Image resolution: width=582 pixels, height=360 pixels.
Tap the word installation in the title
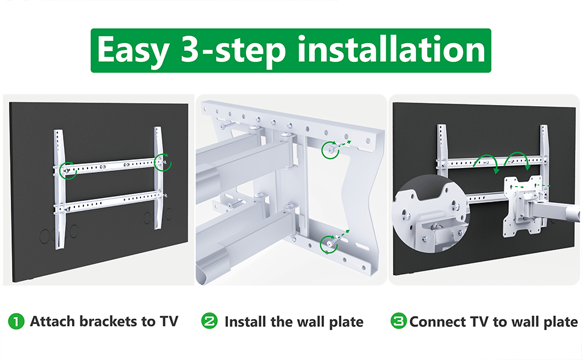tap(391, 49)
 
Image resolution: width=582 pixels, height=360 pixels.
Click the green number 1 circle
tap(16, 322)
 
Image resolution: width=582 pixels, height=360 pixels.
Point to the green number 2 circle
tap(209, 320)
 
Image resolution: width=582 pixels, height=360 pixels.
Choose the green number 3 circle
tap(398, 320)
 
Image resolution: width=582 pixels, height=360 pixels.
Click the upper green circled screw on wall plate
tap(330, 150)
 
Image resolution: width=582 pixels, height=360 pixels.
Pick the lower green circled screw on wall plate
tap(329, 245)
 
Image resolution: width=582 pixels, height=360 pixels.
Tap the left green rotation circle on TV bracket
tap(68, 171)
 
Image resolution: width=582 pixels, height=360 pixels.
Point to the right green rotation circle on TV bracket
tap(163, 162)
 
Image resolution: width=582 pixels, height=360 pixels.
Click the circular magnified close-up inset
tap(431, 215)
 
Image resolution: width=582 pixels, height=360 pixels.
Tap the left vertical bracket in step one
tap(59, 189)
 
